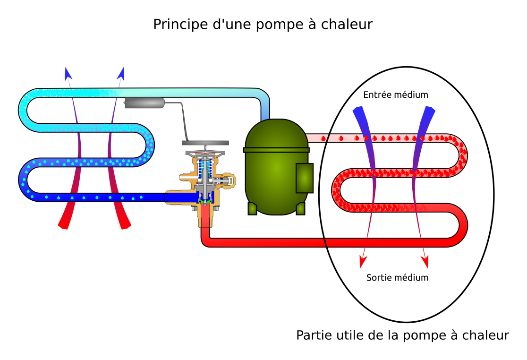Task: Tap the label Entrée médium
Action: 396,95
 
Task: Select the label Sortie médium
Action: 397,277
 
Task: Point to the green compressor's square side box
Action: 305,178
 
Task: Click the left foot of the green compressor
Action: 252,208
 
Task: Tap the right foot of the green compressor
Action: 300,208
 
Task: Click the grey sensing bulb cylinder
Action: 144,103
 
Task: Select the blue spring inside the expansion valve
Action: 204,169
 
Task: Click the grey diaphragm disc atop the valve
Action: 205,143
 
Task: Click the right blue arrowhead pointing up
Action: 121,74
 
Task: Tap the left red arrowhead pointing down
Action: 363,262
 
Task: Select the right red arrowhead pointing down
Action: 425,262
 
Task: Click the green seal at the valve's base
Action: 204,202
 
